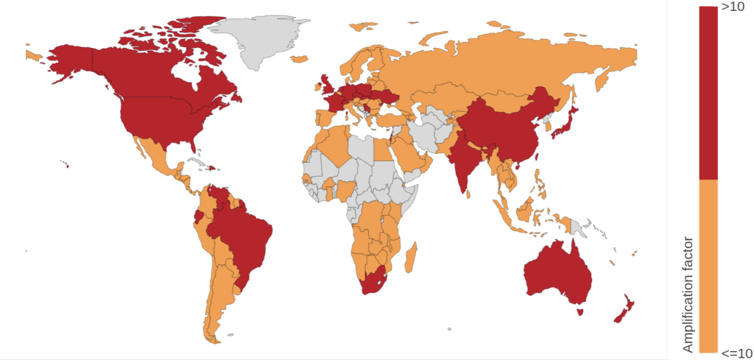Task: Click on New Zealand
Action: [624, 310]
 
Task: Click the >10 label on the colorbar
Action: [733, 7]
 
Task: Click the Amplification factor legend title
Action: [688, 294]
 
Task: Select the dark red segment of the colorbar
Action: [708, 92]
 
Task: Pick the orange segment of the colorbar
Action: [708, 265]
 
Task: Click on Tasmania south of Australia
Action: [581, 312]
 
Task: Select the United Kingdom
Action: [325, 85]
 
